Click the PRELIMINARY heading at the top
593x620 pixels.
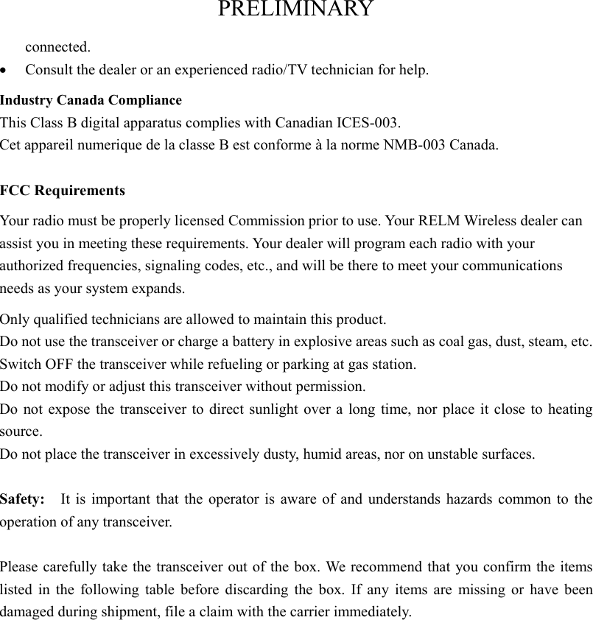click(295, 10)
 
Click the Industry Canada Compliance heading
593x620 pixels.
click(91, 99)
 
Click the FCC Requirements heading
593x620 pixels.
click(63, 191)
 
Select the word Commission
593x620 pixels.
click(262, 221)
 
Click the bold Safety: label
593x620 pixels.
click(22, 499)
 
